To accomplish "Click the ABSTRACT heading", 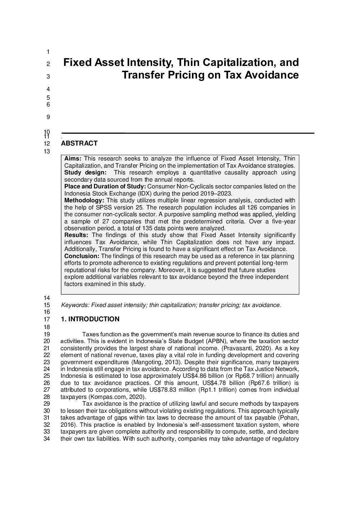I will [x=79, y=143].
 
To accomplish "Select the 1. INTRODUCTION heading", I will [x=90, y=319].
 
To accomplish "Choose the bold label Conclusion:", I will [x=82, y=256].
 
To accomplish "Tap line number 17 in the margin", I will [x=47, y=319].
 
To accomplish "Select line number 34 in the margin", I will [x=47, y=439].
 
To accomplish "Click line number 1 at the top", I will [x=48, y=52].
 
